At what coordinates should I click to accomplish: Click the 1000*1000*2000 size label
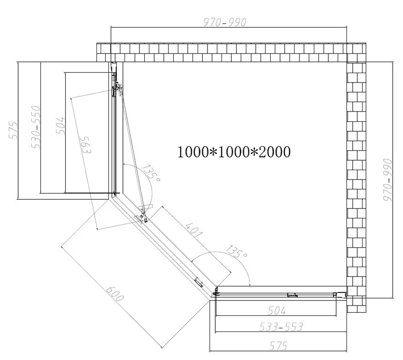[x=234, y=152]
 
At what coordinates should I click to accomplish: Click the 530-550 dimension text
[x=36, y=127]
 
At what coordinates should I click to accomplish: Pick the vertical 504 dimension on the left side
[x=61, y=125]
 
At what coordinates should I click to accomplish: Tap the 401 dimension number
[x=194, y=229]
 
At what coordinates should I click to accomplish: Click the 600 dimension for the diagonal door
[x=115, y=294]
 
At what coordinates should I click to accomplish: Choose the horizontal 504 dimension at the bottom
[x=276, y=311]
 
